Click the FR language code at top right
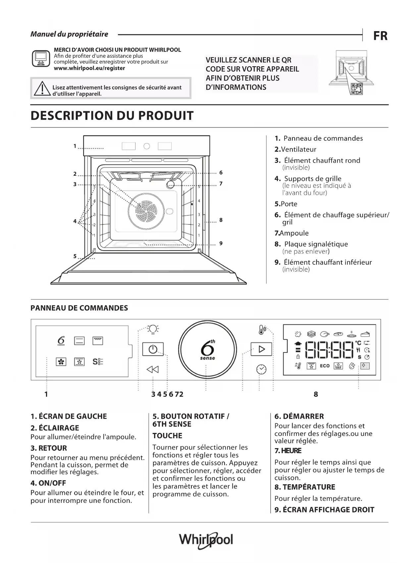(380, 36)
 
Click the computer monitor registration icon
(41, 59)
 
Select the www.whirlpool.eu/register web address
(89, 68)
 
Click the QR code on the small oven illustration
(357, 88)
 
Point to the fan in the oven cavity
(146, 211)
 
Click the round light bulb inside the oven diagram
(170, 185)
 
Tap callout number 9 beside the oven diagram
(221, 243)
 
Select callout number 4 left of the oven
(75, 221)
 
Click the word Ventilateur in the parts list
(298, 149)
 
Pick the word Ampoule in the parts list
(294, 233)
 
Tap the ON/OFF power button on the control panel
(153, 349)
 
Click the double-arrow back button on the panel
(153, 369)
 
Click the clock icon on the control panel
(261, 369)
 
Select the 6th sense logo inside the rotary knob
(208, 350)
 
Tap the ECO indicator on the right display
(325, 366)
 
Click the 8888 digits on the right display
(329, 350)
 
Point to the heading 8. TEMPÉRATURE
(305, 487)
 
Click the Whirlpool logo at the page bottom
(206, 540)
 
